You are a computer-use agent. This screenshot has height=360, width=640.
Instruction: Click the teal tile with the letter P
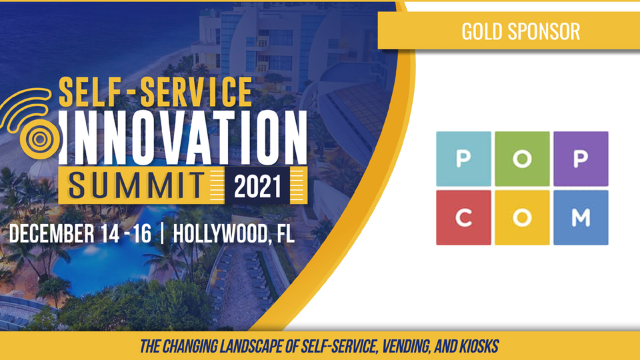click(464, 159)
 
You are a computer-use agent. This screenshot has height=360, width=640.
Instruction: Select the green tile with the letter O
click(522, 159)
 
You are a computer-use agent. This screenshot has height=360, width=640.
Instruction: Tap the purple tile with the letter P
click(581, 159)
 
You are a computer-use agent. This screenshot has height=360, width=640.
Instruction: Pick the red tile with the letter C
click(464, 217)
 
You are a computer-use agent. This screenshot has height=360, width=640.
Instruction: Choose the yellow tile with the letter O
click(522, 217)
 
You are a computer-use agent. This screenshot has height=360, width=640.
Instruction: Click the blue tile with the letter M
click(581, 217)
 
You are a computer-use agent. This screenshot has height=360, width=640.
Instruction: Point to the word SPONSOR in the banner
click(544, 31)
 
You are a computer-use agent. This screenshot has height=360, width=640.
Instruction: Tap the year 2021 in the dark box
click(257, 187)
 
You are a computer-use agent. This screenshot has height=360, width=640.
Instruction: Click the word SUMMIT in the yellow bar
click(136, 185)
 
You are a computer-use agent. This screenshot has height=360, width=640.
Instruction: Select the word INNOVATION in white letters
click(183, 137)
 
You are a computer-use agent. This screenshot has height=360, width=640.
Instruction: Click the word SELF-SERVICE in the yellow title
click(155, 92)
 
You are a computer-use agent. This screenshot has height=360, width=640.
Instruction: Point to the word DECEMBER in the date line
click(52, 233)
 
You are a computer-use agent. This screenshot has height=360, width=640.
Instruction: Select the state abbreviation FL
click(285, 233)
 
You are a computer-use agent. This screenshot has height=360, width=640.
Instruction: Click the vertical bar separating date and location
click(163, 233)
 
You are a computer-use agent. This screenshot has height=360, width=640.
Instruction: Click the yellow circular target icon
click(40, 139)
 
